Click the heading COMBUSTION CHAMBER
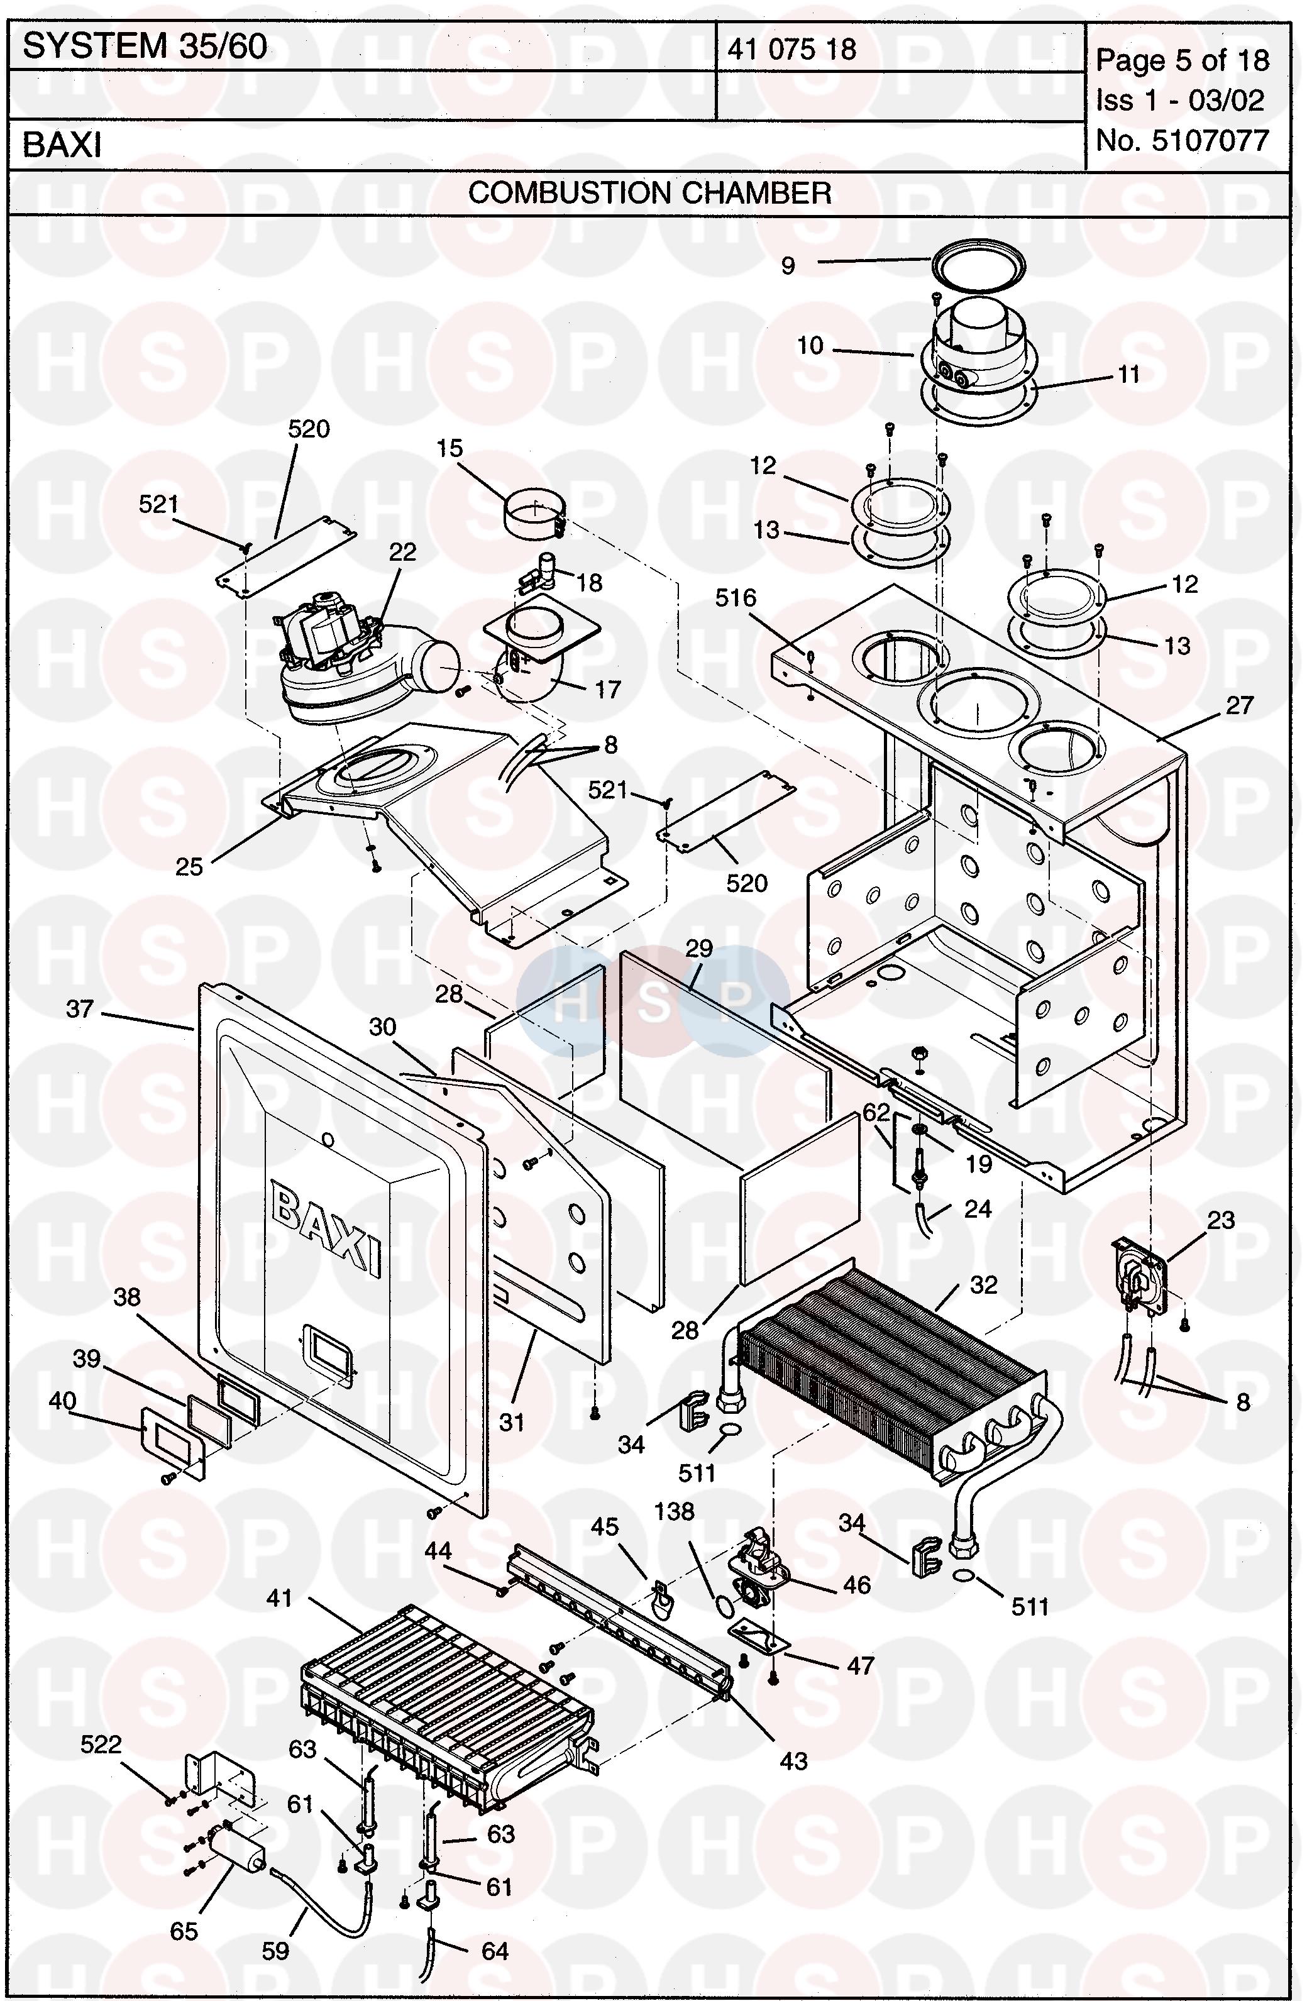tap(649, 194)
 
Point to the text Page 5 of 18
tap(1183, 60)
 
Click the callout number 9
tap(788, 267)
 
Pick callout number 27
tap(1240, 705)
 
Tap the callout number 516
tap(736, 598)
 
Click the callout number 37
tap(80, 1008)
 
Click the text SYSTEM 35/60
tap(145, 47)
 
